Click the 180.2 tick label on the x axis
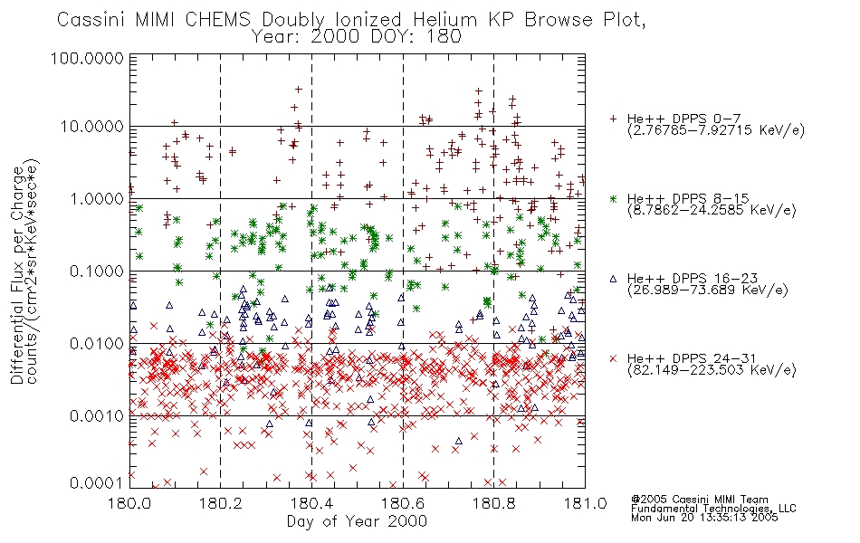click(x=221, y=502)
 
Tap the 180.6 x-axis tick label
click(x=403, y=502)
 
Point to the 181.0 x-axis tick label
click(x=585, y=502)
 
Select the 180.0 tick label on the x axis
click(x=129, y=502)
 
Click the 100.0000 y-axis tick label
click(x=87, y=58)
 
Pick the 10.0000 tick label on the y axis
click(x=91, y=127)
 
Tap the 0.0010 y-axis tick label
click(x=97, y=416)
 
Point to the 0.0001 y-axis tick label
click(x=97, y=483)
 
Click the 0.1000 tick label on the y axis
click(x=97, y=271)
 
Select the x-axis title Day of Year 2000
click(x=357, y=521)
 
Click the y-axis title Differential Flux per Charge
click(x=17, y=275)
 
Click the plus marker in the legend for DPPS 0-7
click(x=613, y=119)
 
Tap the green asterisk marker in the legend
click(x=613, y=198)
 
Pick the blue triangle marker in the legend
click(x=613, y=279)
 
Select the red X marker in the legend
click(x=613, y=358)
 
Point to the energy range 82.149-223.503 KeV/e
click(x=712, y=370)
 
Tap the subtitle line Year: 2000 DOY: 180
click(x=356, y=37)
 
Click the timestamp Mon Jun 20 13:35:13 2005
click(x=704, y=518)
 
